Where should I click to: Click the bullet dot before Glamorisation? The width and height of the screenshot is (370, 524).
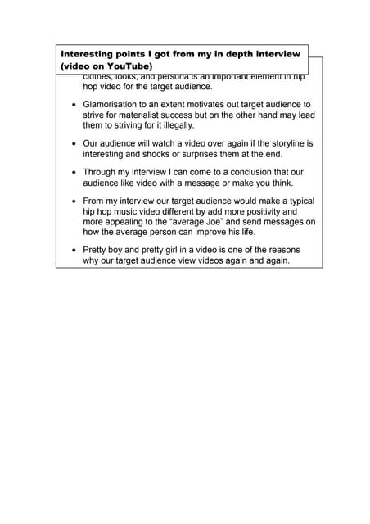click(x=74, y=106)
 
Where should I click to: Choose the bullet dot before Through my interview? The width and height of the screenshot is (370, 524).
click(x=74, y=174)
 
